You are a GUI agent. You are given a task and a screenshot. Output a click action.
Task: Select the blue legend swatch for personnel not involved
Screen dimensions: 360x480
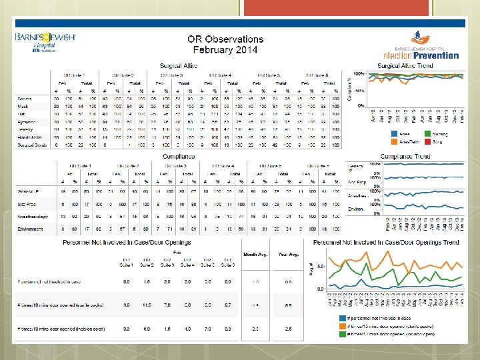click(x=342, y=319)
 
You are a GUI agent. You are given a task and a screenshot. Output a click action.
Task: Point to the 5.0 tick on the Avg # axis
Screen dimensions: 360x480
click(x=321, y=266)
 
